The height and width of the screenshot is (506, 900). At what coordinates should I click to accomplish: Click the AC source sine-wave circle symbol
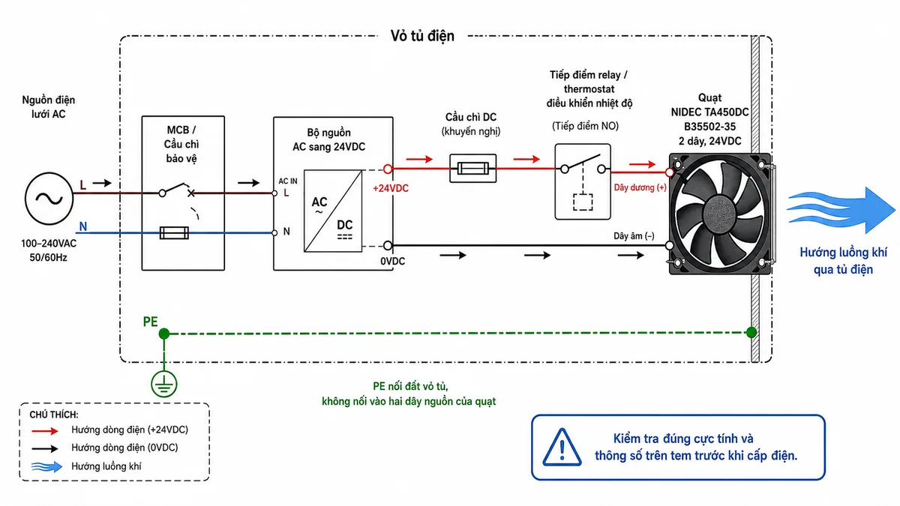click(49, 199)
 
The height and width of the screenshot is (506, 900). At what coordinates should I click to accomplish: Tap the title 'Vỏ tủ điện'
click(422, 36)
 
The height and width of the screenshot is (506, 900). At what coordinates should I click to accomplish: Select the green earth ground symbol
click(164, 384)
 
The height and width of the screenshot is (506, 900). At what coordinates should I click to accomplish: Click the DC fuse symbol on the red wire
click(473, 168)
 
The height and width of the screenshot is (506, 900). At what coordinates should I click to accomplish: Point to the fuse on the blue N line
click(174, 232)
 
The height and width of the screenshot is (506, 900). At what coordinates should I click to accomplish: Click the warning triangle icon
click(562, 448)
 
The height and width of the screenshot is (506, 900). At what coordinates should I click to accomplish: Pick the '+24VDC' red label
click(391, 188)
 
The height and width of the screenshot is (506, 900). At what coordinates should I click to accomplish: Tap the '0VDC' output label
click(392, 262)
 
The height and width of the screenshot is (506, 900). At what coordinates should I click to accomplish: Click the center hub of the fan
click(719, 213)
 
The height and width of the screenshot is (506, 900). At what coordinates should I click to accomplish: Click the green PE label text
click(150, 322)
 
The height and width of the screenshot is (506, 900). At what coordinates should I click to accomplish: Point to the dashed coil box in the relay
click(583, 202)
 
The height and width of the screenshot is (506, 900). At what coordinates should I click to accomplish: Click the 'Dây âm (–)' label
click(634, 236)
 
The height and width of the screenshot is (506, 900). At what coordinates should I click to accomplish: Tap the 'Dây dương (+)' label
click(640, 187)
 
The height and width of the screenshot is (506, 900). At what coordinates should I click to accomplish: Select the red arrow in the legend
click(45, 431)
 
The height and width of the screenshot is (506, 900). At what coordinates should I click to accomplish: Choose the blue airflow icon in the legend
click(46, 466)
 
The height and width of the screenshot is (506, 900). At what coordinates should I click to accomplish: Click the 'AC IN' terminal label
click(288, 181)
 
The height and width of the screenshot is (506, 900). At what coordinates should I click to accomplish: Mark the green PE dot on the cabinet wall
click(751, 332)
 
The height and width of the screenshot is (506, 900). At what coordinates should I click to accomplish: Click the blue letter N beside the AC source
click(83, 226)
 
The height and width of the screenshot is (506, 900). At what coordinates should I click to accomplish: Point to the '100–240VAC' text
click(49, 244)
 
